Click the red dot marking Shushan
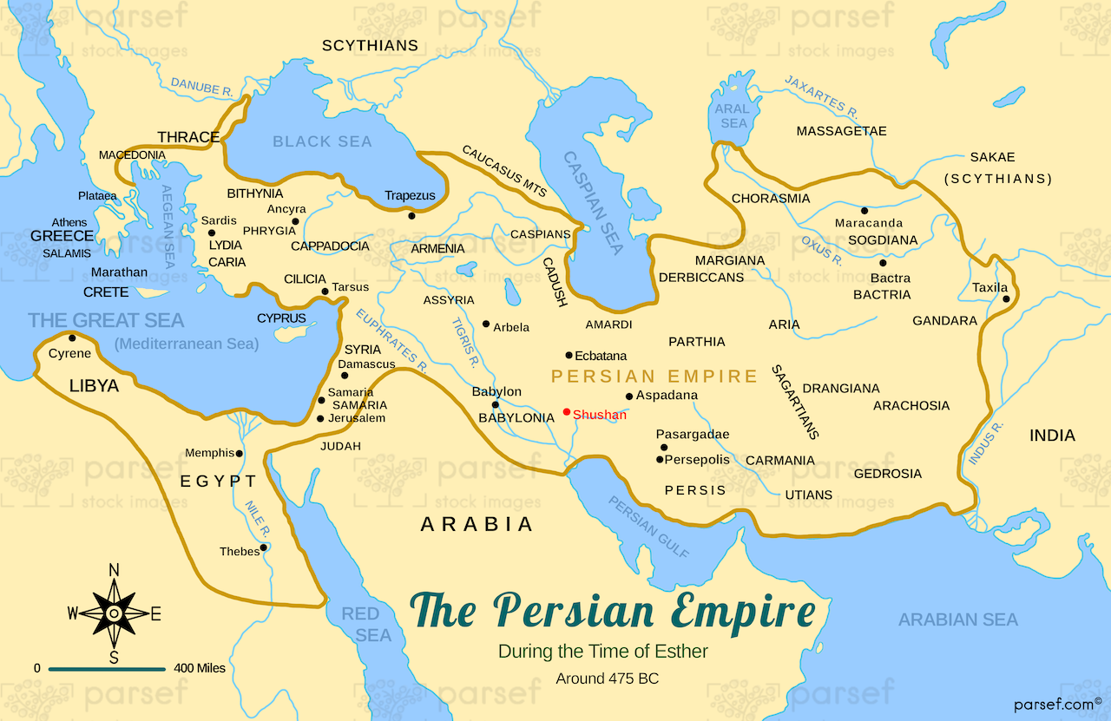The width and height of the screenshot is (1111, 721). [x=567, y=412]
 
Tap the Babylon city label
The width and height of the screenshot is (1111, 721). [x=496, y=391]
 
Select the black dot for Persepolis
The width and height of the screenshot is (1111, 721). [x=660, y=460]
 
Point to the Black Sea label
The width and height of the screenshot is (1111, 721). [x=322, y=141]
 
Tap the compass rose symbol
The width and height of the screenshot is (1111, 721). [x=114, y=613]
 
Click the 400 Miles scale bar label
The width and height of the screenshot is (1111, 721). [x=199, y=668]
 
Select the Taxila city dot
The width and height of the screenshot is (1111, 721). [x=1007, y=299]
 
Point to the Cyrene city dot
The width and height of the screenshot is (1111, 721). [x=71, y=338]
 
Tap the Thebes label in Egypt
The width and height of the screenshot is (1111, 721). [x=240, y=552]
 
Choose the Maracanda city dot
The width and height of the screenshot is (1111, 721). [x=864, y=210]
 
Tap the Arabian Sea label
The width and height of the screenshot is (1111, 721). [x=957, y=619]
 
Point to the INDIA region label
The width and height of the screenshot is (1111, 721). [x=1052, y=436]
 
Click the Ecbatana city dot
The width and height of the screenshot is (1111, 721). [x=569, y=355]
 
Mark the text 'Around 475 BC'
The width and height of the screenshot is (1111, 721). [x=607, y=678]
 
